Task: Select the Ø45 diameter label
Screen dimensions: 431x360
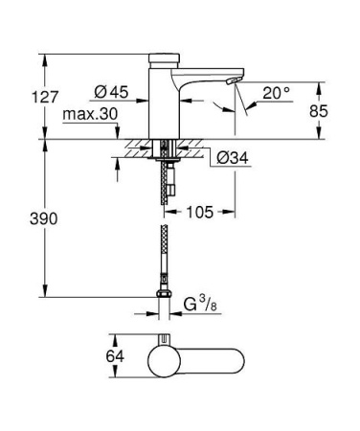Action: click(113, 92)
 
